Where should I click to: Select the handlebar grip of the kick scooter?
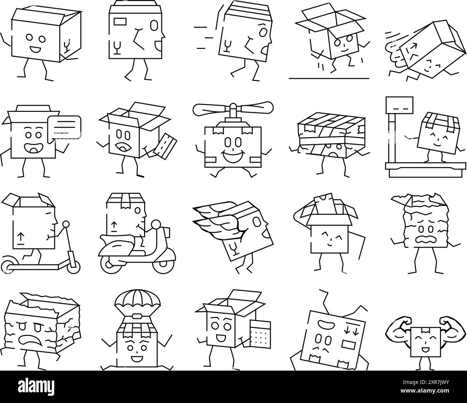click(x=66, y=225)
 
